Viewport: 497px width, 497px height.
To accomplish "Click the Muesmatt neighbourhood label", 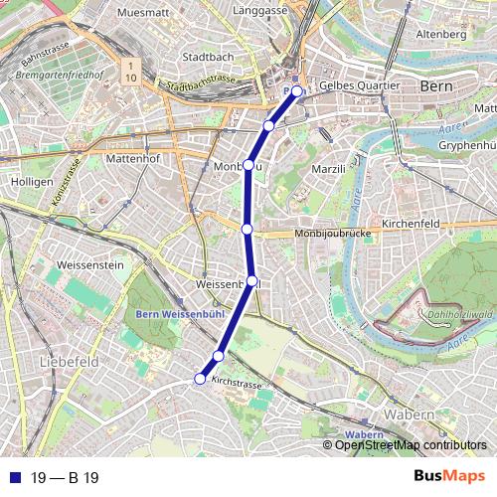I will pyautogui.click(x=139, y=13).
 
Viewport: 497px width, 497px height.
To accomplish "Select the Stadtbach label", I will pyautogui.click(x=208, y=57).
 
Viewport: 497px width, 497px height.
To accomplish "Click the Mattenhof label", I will pyautogui.click(x=133, y=157).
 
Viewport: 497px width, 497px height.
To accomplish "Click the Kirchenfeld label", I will pyautogui.click(x=411, y=225).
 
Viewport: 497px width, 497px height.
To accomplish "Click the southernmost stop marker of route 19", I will pyautogui.click(x=200, y=379).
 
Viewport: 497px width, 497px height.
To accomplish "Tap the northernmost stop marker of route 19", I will pyautogui.click(x=296, y=91).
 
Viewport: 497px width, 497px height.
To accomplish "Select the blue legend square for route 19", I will pyautogui.click(x=15, y=478).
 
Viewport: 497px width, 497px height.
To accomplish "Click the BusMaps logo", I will pyautogui.click(x=449, y=477).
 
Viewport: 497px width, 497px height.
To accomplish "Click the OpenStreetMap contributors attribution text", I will pyautogui.click(x=411, y=445).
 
